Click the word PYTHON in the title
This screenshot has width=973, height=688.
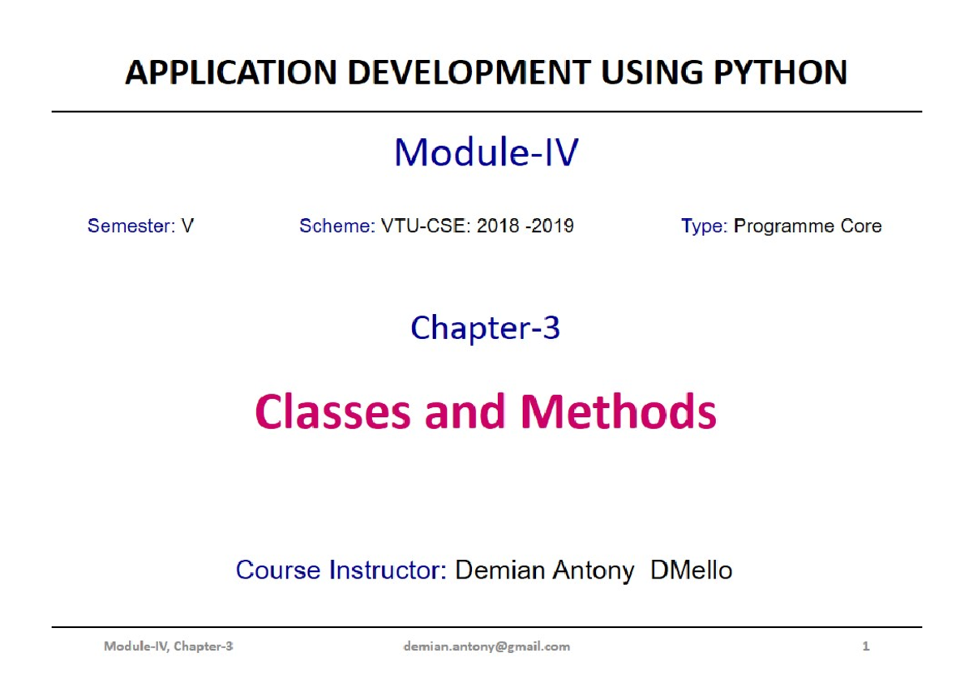781,72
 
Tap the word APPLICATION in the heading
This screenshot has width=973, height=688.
230,72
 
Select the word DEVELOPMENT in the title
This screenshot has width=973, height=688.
469,72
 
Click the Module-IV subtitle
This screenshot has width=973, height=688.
486,152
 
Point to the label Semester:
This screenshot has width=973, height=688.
131,226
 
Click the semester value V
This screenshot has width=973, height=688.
187,226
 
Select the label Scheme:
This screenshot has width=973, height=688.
337,226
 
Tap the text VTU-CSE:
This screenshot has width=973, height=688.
426,226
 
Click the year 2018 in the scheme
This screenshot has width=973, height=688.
498,226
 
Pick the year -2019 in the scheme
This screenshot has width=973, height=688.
550,226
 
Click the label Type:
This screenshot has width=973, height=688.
704,226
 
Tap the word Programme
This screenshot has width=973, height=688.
783,226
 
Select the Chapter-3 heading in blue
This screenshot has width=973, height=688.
485,328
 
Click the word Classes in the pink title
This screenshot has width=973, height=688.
332,411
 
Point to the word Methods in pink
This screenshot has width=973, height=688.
618,411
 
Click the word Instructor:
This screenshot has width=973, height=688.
388,570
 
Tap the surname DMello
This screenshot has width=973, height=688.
691,570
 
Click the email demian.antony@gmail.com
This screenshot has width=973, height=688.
486,647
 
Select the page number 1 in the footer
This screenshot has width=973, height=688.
866,647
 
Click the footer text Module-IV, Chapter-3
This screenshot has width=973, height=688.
168,647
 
